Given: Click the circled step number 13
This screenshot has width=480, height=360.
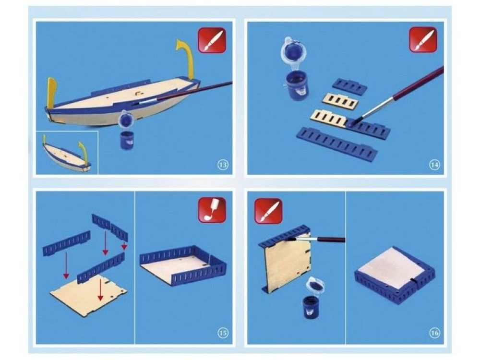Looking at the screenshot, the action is coord(223,165).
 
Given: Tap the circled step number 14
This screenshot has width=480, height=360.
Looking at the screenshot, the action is coord(434,165).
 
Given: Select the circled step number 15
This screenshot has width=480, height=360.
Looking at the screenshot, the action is coord(223,333).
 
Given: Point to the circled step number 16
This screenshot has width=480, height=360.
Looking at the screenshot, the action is coord(434,333).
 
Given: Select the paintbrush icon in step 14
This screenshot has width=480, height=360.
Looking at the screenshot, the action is coord(423,39).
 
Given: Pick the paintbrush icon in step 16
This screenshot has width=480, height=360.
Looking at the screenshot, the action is coord(268,211).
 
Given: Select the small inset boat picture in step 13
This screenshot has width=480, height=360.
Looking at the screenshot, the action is coord(67,153).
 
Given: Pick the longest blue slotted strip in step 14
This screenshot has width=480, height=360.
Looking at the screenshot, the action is coord(336,143).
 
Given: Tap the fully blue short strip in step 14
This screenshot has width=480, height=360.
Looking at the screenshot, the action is coord(350,85).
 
